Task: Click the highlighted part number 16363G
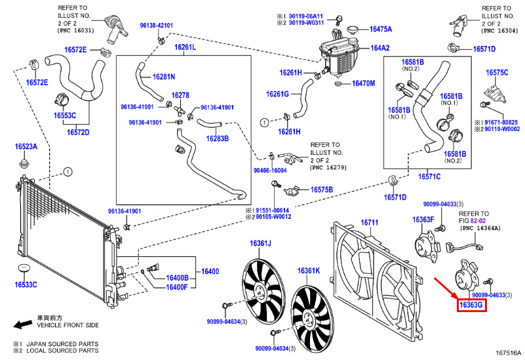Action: click(x=471, y=305)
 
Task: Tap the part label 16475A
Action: click(x=380, y=29)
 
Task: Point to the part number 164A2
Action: click(x=380, y=48)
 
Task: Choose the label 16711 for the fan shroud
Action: click(x=370, y=223)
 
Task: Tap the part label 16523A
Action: click(x=27, y=148)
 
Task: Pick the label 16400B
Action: click(x=176, y=277)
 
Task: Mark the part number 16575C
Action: click(x=497, y=72)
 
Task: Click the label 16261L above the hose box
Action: click(x=185, y=48)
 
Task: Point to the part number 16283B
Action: click(x=218, y=138)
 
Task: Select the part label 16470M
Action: click(x=363, y=84)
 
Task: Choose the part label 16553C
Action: click(x=65, y=115)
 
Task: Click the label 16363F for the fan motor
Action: click(x=423, y=219)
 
